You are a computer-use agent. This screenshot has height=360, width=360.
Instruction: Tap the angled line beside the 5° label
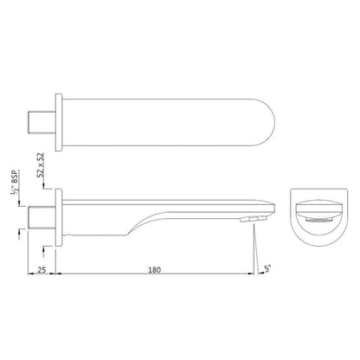257,251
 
